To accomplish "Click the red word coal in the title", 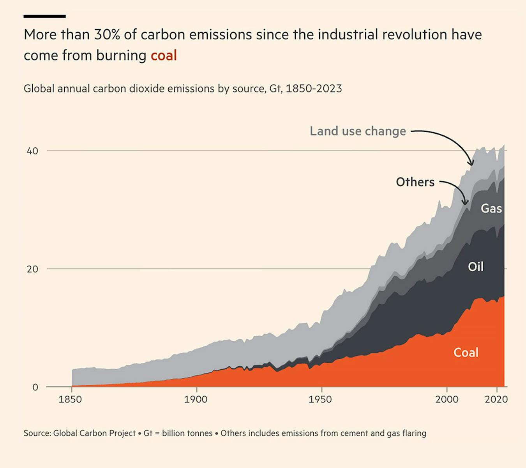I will [164, 55].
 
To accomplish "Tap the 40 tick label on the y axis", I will [32, 151].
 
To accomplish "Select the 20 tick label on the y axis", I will [32, 269].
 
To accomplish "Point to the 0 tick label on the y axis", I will [35, 387].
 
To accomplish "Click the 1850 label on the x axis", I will [70, 400].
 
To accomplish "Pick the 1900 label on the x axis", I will [196, 400].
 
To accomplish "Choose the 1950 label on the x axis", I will [320, 400].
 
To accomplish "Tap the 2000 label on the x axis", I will [447, 400].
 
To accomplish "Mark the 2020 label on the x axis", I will [496, 400].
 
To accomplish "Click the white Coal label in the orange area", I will [466, 353].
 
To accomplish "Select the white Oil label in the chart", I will [475, 267].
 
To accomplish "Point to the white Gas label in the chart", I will [491, 209].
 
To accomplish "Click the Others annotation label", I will [415, 182].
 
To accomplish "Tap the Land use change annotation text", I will [358, 131].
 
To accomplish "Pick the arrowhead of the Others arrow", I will [465, 202].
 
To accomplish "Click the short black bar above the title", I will [44, 16].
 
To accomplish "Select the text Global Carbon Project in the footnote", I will [94, 433].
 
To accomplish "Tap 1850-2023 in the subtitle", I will [314, 89].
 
